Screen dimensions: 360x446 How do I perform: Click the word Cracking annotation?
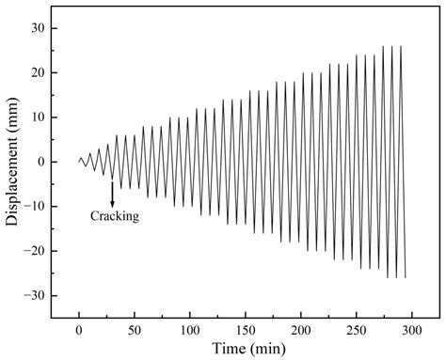click(x=115, y=216)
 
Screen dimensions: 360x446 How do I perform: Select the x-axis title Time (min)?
click(x=248, y=350)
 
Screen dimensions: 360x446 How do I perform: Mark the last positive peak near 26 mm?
click(x=401, y=46)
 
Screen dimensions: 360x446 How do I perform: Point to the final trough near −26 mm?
click(x=406, y=277)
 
